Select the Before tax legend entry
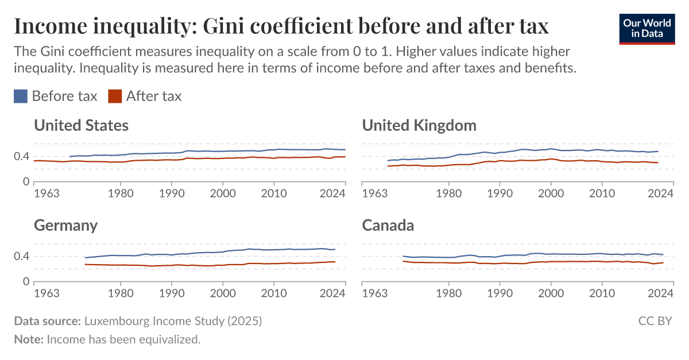point(56,96)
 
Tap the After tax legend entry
point(145,96)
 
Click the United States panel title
point(81,125)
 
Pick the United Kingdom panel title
point(419,125)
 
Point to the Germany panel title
point(65,225)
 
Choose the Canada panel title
point(388,225)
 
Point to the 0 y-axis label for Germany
point(26,282)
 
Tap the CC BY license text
point(655,321)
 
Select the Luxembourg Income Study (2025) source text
point(173,321)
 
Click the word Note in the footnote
point(28,339)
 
